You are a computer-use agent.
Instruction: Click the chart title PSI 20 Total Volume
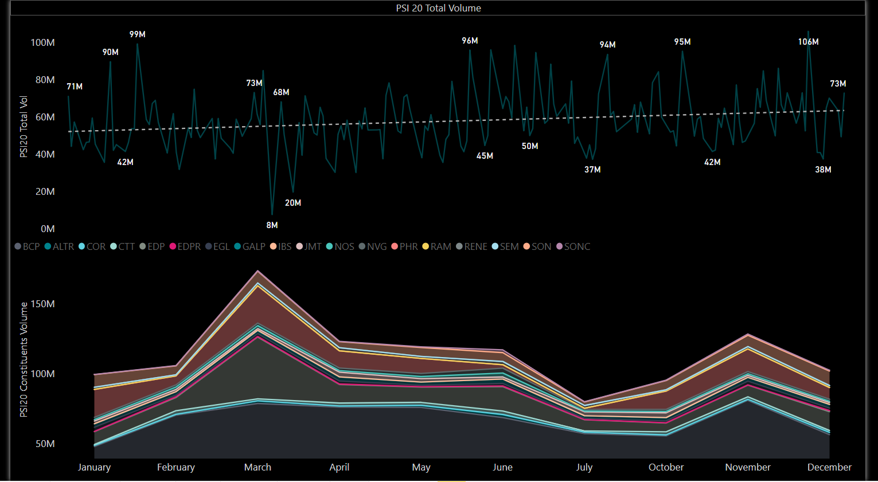[x=438, y=8]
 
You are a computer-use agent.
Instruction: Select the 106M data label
[x=808, y=42]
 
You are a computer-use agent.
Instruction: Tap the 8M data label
[x=272, y=225]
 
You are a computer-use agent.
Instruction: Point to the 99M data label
[x=138, y=34]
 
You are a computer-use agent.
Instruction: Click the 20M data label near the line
[x=293, y=203]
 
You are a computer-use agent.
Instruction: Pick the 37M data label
[x=592, y=170]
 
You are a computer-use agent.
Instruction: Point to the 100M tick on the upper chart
[x=43, y=42]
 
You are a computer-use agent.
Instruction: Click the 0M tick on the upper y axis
[x=48, y=229]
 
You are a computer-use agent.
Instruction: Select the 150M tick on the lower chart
[x=43, y=304]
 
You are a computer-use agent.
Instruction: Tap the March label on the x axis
[x=257, y=467]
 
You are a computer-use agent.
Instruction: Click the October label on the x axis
[x=666, y=467]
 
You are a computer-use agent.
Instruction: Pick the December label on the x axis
[x=829, y=467]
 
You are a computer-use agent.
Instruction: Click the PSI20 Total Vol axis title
[x=24, y=127]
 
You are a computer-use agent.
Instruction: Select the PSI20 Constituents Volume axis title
[x=24, y=359]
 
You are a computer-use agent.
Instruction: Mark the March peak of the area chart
[x=258, y=271]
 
